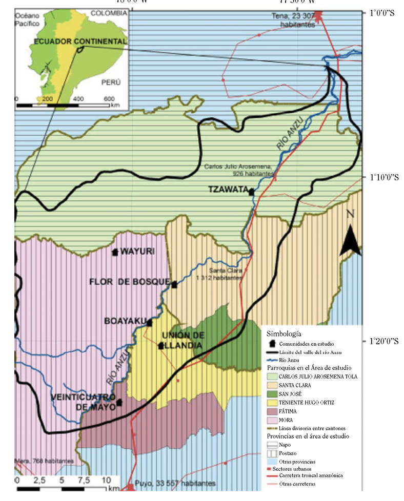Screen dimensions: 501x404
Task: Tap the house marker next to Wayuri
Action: [115, 252]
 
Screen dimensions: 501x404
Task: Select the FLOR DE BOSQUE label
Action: [129, 281]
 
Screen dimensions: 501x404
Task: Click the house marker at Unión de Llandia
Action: [161, 346]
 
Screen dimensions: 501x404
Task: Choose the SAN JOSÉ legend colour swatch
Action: [272, 394]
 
